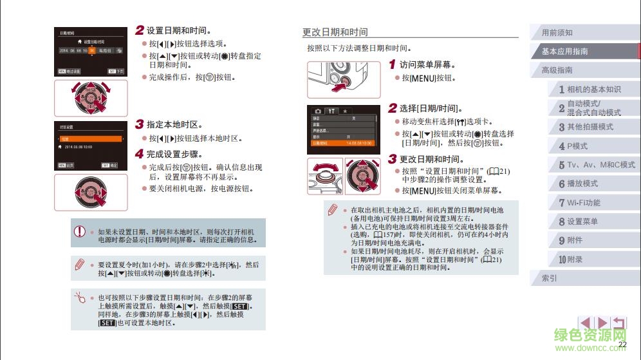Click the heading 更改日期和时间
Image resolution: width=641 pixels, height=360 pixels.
point(335,32)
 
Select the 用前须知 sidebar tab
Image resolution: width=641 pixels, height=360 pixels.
point(557,33)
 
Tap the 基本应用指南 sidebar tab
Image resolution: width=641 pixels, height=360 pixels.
point(565,52)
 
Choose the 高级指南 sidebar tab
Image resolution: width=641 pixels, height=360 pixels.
point(557,70)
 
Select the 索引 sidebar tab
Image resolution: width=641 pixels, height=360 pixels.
point(550,279)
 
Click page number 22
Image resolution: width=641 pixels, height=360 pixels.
point(622,345)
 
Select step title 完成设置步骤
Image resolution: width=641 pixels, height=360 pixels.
point(174,155)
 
